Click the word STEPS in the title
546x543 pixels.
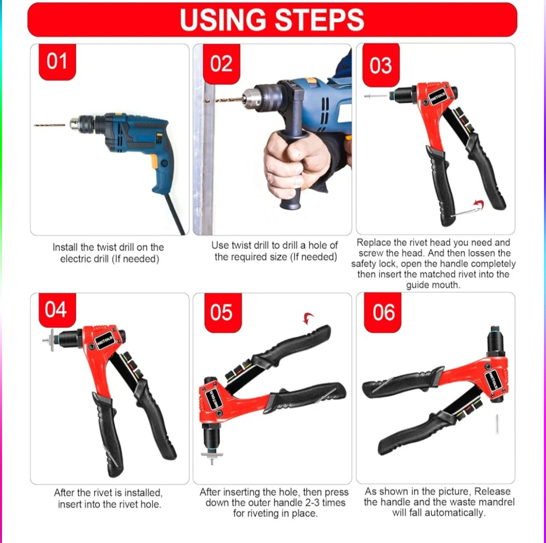pos(319,20)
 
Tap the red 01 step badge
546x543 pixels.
pos(57,62)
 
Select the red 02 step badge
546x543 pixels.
pos(221,64)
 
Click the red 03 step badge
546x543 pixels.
pos(380,65)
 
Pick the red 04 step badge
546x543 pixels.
pos(56,309)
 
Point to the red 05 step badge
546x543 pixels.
pos(221,312)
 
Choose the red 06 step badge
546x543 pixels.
pos(383,312)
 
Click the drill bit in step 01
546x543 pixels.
pos(50,124)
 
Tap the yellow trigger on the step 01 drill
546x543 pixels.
pos(154,161)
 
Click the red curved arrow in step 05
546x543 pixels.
pos(308,318)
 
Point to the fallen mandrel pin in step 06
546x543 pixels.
pos(497,423)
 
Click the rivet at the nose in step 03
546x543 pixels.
pos(376,95)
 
